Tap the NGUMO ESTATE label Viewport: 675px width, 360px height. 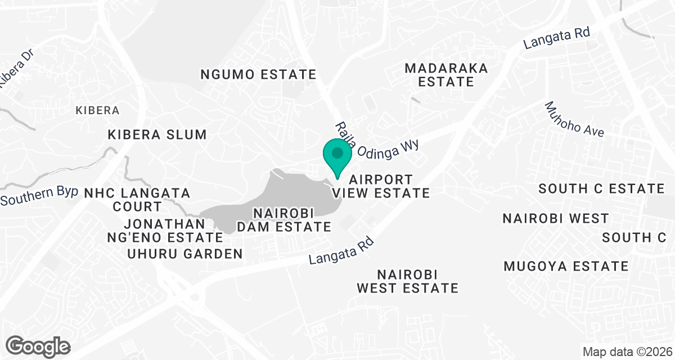click(x=259, y=74)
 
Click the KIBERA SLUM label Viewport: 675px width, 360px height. click(x=157, y=135)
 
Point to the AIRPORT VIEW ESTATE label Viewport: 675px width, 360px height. click(x=381, y=186)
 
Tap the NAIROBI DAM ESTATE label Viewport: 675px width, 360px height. click(x=291, y=220)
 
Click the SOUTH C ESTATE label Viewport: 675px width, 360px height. click(x=601, y=189)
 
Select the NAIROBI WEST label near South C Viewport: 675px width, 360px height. click(x=556, y=218)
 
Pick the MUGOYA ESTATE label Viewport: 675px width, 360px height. click(x=566, y=266)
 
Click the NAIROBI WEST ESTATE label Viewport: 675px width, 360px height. click(x=408, y=281)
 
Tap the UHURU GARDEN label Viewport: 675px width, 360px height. click(x=185, y=254)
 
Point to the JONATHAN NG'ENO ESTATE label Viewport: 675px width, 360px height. click(x=165, y=230)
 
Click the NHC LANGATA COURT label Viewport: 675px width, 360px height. click(x=137, y=200)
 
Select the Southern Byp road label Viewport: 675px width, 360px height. click(x=39, y=195)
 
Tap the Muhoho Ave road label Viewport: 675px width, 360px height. click(x=574, y=120)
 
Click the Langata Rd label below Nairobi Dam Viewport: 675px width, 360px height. click(x=341, y=250)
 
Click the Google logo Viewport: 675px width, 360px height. click(x=38, y=345)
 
